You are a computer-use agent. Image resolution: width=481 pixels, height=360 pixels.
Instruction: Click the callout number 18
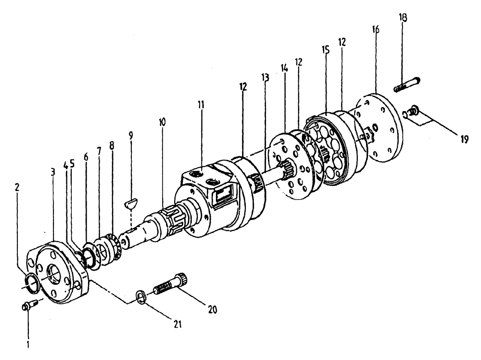click(403, 18)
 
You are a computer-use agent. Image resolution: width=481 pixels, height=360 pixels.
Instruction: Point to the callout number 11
click(201, 104)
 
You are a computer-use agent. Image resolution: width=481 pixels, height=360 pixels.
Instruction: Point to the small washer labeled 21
click(139, 295)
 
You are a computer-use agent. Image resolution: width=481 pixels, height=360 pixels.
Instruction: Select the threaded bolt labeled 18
click(407, 85)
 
